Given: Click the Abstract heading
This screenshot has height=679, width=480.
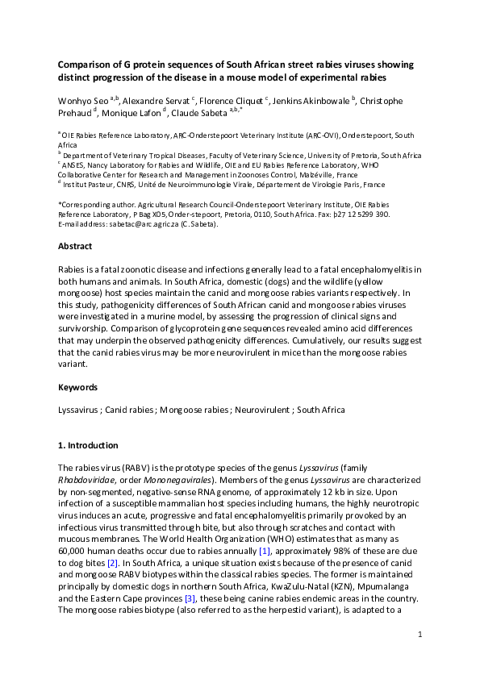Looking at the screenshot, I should click(76, 246).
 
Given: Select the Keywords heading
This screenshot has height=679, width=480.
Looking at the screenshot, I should click(78, 387).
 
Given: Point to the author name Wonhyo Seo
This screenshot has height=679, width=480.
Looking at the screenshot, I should click(83, 101).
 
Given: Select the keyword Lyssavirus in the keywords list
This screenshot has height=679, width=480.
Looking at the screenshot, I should click(79, 410).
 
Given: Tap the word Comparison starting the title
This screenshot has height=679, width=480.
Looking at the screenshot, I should click(86, 64).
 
